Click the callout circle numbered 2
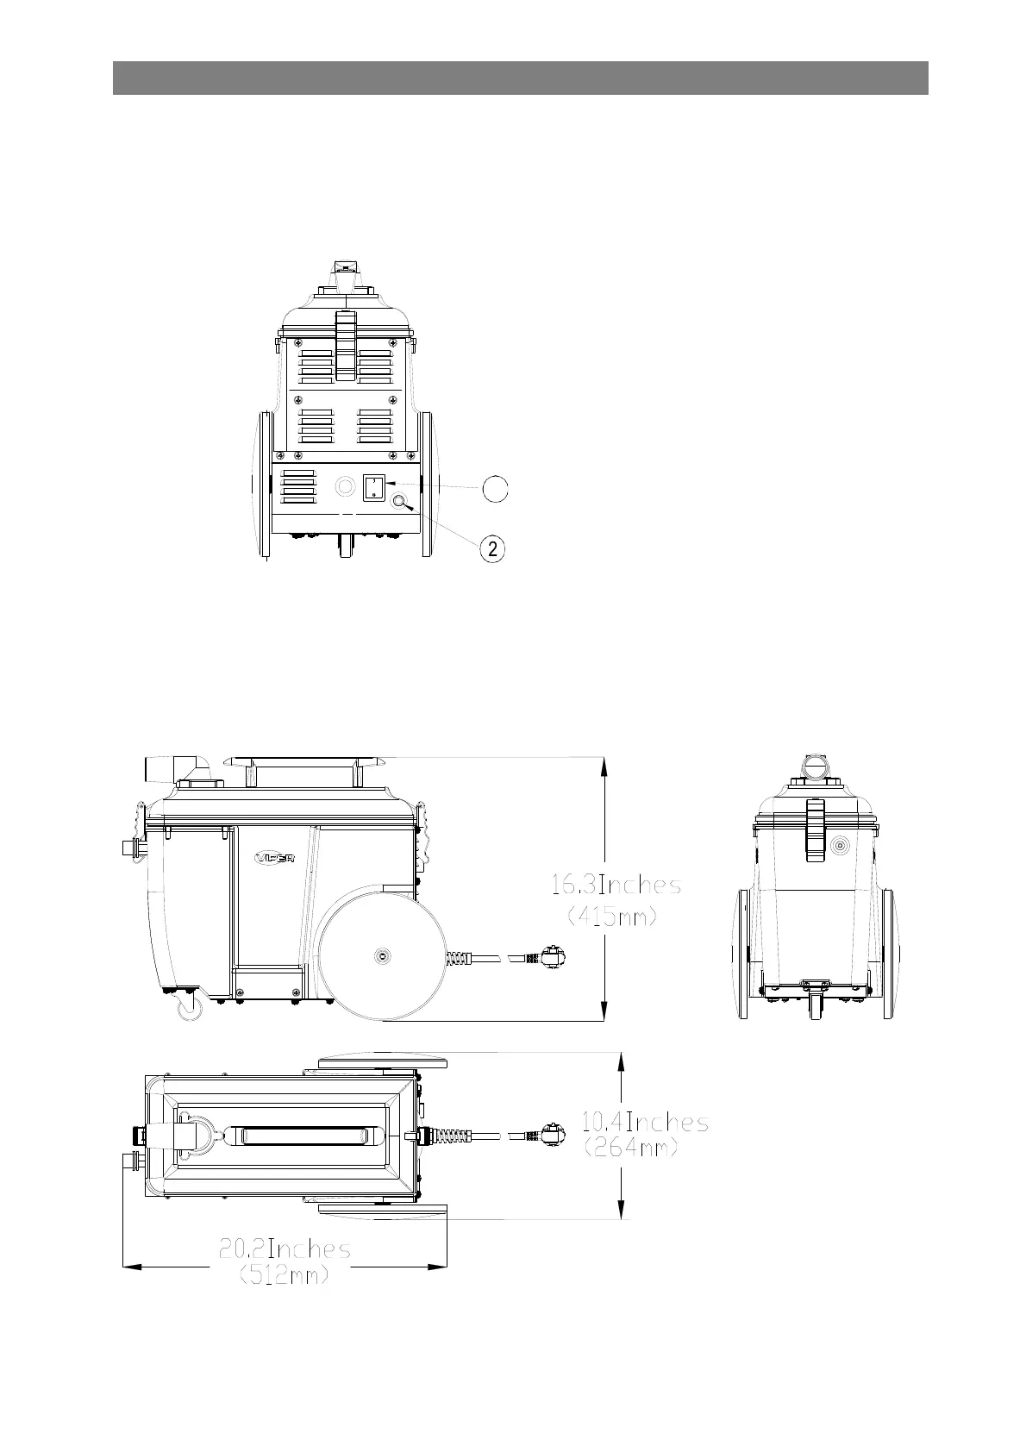click(x=492, y=549)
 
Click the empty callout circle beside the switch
click(x=495, y=487)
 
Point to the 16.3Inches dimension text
click(x=616, y=885)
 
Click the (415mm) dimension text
click(x=612, y=917)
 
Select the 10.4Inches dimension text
click(x=644, y=1122)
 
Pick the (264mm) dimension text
click(x=631, y=1148)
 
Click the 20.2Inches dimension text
click(x=285, y=1249)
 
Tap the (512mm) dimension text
click(x=284, y=1276)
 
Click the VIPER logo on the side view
click(x=274, y=858)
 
